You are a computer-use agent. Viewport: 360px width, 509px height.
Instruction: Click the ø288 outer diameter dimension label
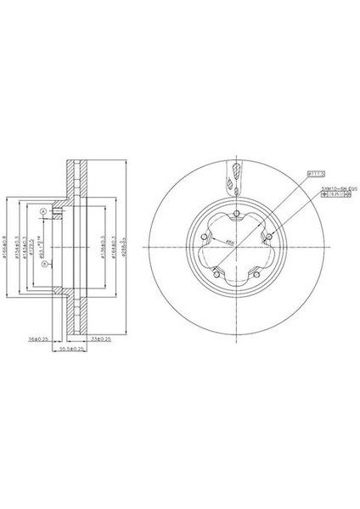tap(124, 246)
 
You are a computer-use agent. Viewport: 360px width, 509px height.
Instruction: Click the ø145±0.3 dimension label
tap(24, 246)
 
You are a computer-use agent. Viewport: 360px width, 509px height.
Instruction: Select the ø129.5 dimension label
tap(31, 246)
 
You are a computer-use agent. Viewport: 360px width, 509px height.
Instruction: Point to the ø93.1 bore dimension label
tap(42, 246)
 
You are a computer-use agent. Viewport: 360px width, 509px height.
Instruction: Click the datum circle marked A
tap(42, 211)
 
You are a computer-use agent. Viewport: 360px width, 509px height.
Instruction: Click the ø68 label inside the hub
tap(229, 242)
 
